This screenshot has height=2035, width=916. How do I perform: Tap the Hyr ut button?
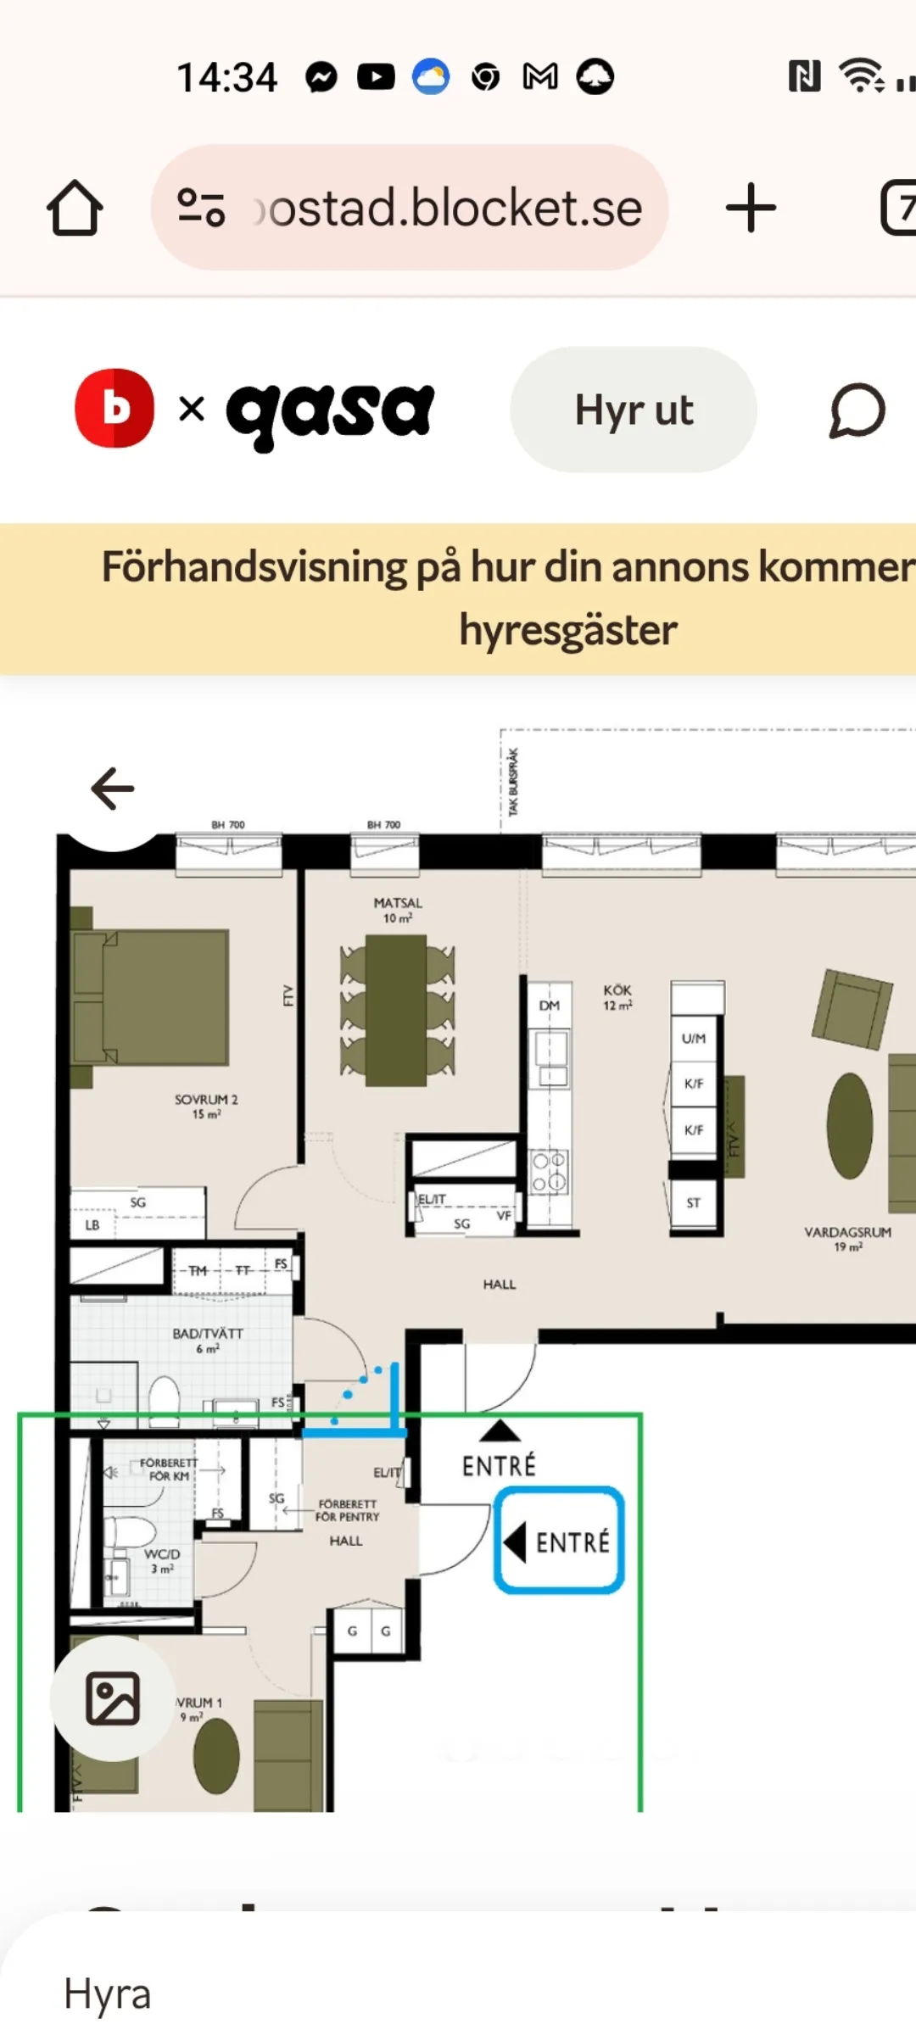(633, 410)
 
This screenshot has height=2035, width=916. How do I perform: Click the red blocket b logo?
(114, 408)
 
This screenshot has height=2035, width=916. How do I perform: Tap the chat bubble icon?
(857, 410)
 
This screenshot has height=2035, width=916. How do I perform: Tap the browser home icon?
(75, 208)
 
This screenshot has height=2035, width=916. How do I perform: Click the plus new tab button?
(751, 208)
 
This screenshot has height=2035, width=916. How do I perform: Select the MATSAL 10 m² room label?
(397, 910)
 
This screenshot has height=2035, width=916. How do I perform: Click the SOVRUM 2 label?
(206, 1106)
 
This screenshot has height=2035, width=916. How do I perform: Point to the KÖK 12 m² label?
(617, 997)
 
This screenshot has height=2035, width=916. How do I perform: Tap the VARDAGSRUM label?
(847, 1238)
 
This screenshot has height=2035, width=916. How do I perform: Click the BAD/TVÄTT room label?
(208, 1340)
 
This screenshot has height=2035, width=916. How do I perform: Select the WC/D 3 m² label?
(162, 1560)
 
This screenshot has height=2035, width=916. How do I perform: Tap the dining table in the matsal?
(396, 1010)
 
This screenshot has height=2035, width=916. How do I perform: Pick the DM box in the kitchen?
(550, 1006)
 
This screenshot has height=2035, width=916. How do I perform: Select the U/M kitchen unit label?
(694, 1038)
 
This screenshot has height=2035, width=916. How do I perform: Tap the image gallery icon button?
(112, 1698)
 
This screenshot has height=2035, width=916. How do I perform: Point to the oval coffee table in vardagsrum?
(850, 1125)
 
